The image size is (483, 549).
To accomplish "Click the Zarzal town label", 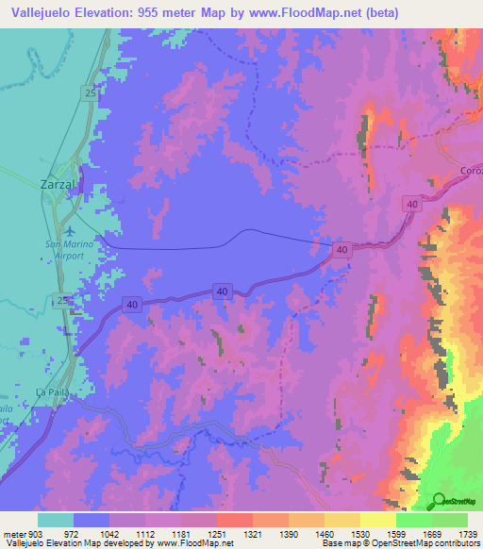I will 64,185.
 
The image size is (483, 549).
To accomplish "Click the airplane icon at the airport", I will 69,229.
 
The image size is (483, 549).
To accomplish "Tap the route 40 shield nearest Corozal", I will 411,204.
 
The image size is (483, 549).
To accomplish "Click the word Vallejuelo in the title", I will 42,13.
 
